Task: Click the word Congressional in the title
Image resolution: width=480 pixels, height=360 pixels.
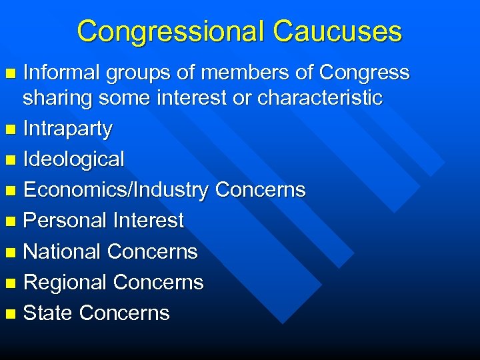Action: pos(170,31)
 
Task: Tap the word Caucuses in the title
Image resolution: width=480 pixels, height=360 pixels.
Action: pos(337,31)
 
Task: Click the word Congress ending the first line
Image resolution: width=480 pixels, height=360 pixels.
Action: pos(364,73)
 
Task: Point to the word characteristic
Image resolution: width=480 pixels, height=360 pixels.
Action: pos(320,99)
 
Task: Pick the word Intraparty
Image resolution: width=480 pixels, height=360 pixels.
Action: pos(67,129)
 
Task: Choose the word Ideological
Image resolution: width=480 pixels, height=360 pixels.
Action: pos(73,159)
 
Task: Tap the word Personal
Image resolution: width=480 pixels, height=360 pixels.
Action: pos(65,221)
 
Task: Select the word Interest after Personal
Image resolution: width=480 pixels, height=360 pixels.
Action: pos(148,221)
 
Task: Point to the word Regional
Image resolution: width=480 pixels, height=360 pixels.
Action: pos(65,282)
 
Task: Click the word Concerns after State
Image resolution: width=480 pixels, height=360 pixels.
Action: pos(124,313)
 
